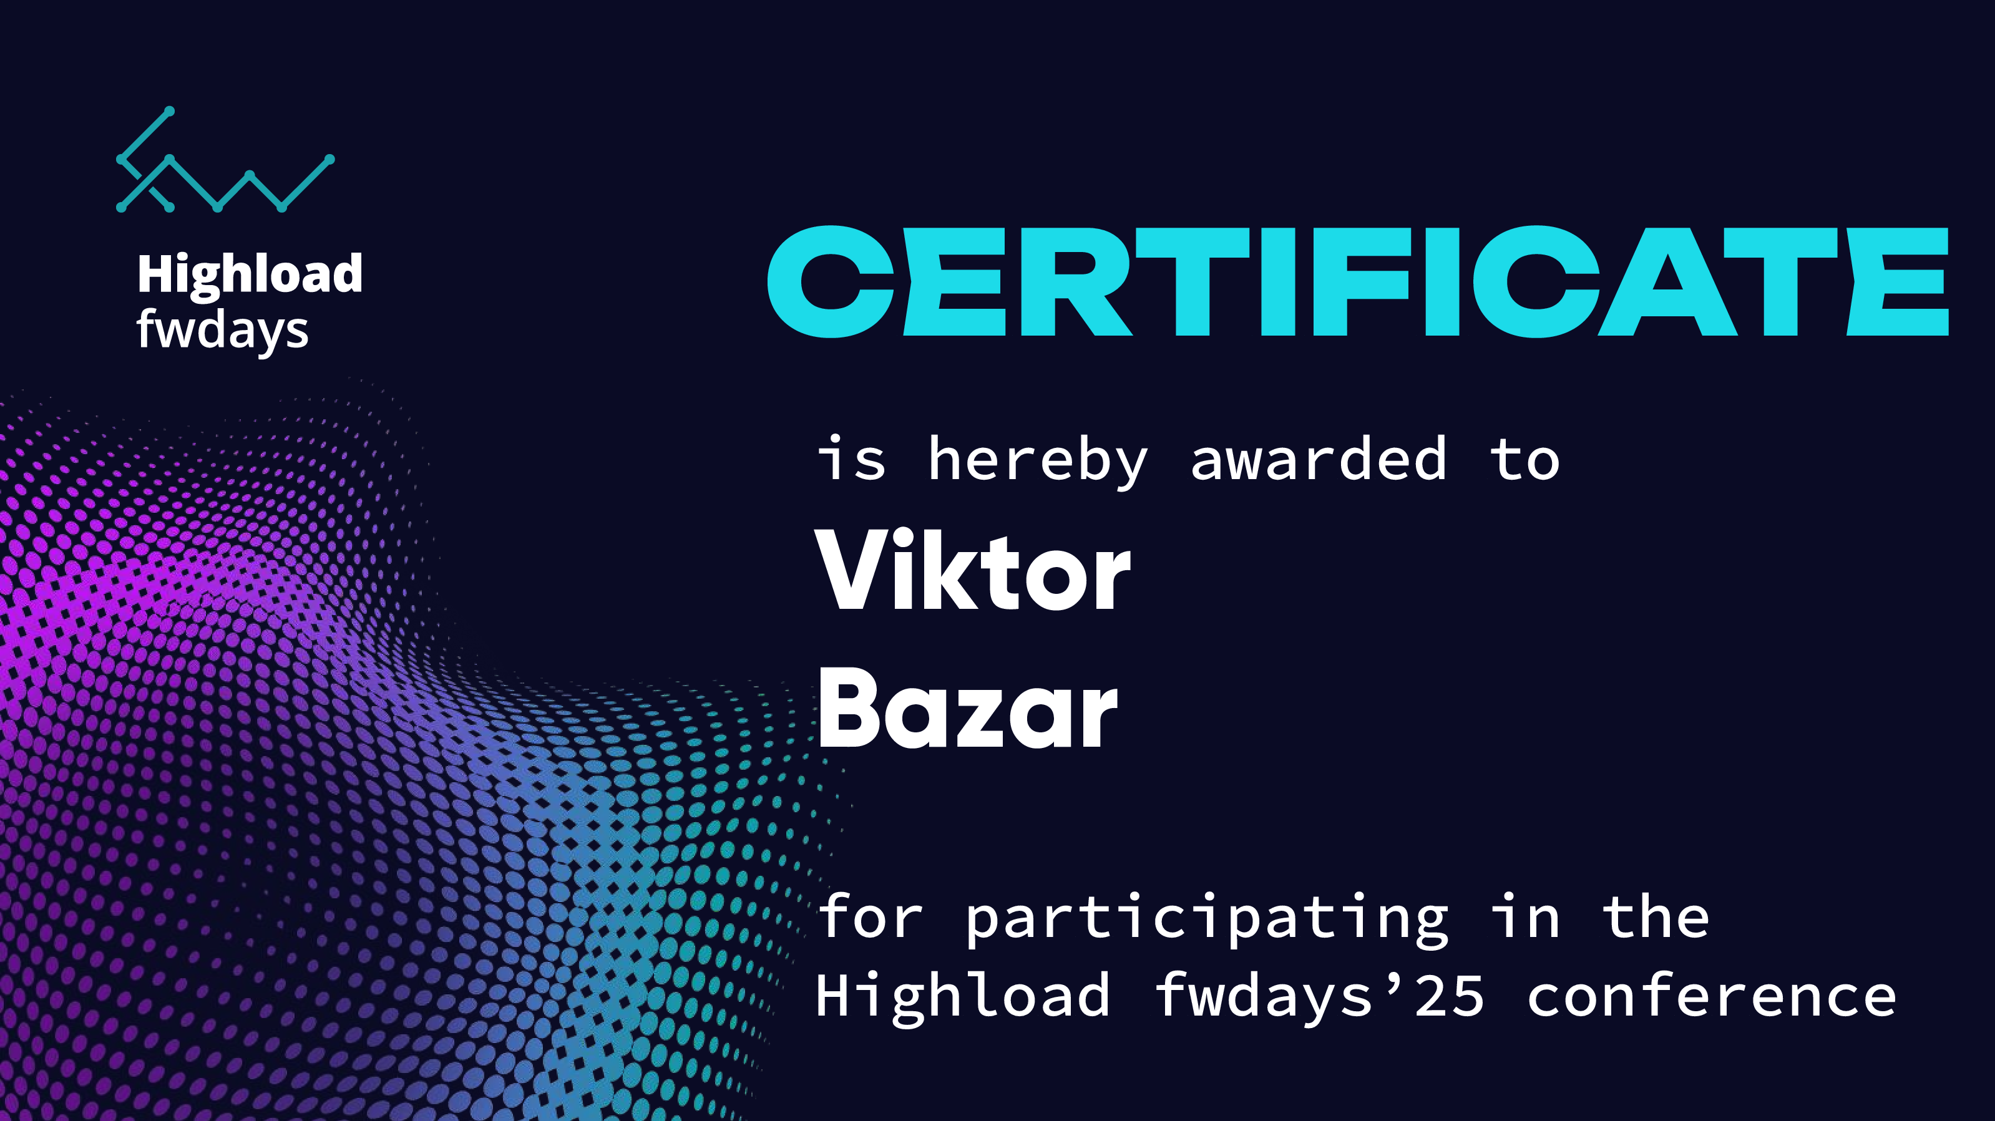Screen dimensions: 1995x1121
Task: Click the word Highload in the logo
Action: click(x=250, y=275)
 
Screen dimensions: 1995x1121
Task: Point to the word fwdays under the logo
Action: click(x=222, y=331)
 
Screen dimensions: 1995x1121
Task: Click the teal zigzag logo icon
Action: click(x=225, y=160)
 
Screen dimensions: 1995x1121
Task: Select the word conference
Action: click(x=1712, y=996)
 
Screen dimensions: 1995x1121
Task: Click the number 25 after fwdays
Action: click(x=1449, y=996)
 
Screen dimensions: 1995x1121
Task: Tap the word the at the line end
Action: click(x=1656, y=916)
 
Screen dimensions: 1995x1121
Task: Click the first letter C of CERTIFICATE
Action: click(x=830, y=282)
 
